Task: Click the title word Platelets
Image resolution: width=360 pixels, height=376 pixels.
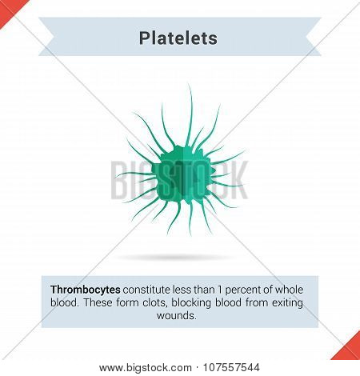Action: [x=178, y=38]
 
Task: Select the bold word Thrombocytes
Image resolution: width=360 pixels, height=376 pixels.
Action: [x=86, y=290]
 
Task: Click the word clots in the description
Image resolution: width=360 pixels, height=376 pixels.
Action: [x=155, y=302]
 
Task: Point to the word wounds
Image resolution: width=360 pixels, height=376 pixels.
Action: [x=177, y=316]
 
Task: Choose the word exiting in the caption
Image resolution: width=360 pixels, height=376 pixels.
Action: [x=287, y=303]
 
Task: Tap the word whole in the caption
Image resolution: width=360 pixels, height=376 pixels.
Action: [x=289, y=290]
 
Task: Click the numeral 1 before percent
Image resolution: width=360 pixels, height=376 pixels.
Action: [x=220, y=290]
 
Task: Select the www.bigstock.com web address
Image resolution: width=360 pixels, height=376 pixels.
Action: [x=146, y=368]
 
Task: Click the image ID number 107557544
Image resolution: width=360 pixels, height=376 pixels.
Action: [x=231, y=367]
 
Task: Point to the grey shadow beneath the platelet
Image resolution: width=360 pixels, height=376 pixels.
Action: [x=174, y=258]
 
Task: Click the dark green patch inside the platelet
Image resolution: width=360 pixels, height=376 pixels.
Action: [x=178, y=178]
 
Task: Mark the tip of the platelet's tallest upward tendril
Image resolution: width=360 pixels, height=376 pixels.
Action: [x=188, y=84]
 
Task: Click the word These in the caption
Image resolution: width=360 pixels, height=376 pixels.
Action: [x=98, y=302]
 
